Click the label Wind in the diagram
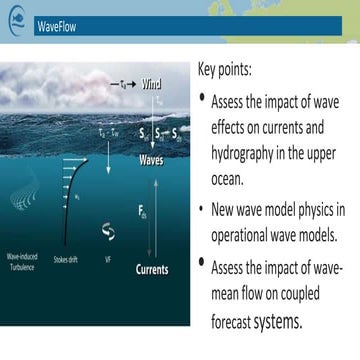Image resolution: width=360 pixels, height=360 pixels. (152, 84)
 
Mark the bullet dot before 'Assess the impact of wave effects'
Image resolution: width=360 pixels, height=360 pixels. (204, 99)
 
